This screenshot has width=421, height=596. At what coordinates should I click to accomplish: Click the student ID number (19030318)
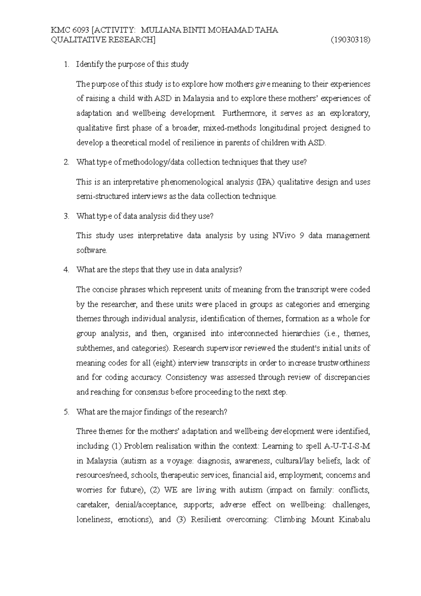click(350, 40)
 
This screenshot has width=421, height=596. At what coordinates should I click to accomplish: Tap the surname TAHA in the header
click(266, 30)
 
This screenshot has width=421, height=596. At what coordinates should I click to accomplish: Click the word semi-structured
click(103, 197)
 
